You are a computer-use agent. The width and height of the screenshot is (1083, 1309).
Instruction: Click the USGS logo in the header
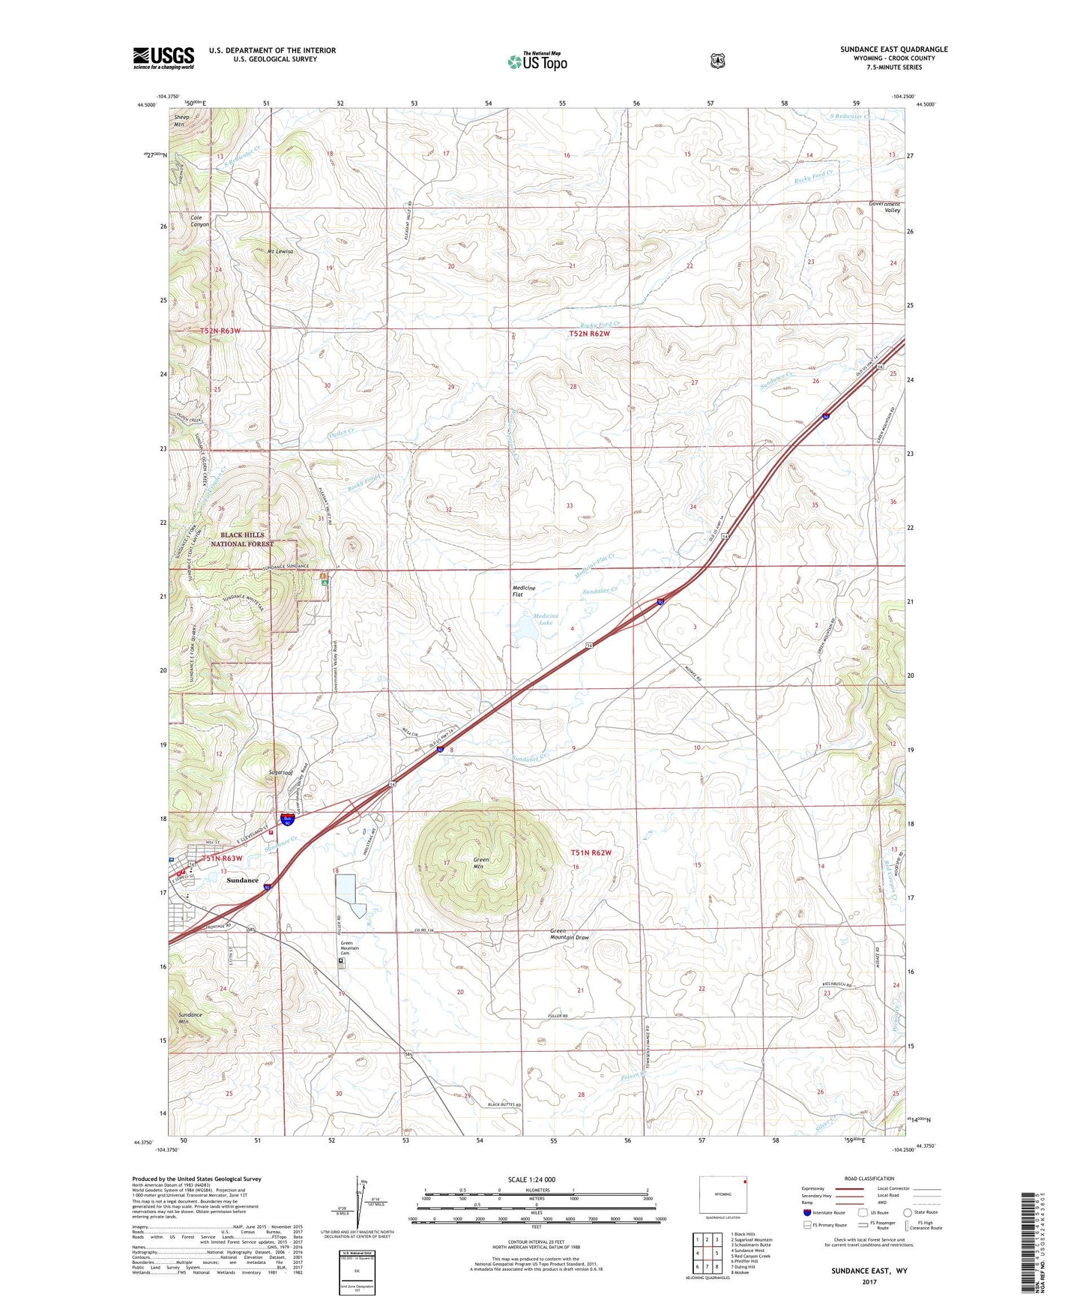163,58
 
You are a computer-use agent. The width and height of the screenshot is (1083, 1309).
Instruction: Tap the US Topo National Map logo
537,61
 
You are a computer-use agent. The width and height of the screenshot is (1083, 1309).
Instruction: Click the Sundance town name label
242,880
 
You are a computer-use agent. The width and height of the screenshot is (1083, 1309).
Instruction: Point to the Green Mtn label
481,864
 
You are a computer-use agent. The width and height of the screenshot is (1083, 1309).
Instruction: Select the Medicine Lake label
546,619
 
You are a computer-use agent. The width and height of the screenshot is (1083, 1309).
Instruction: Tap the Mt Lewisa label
280,252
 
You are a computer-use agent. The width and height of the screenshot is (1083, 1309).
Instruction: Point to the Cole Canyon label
199,221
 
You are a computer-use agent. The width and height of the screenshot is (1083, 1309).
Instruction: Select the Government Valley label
884,207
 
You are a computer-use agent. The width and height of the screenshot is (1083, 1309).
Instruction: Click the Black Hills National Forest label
242,540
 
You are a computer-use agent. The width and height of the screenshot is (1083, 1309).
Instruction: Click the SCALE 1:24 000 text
531,1179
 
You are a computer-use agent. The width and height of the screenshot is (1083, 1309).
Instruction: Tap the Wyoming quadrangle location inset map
722,1194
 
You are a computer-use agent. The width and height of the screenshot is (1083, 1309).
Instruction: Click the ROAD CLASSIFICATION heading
869,1179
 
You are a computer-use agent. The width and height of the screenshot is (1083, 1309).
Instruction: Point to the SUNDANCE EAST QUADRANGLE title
893,49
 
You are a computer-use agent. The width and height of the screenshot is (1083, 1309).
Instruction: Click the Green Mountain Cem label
349,948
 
